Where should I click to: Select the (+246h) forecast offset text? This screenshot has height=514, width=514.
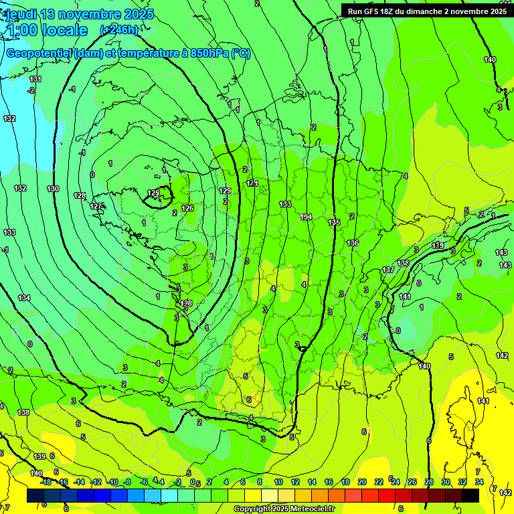pos(119,30)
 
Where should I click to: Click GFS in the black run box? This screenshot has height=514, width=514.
pos(375,11)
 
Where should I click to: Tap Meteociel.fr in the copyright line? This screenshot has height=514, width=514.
pos(309,509)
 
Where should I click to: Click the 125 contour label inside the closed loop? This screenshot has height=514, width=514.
pos(153,193)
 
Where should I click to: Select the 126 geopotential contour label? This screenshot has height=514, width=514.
pos(187,208)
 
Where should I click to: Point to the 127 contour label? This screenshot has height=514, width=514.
pos(96,206)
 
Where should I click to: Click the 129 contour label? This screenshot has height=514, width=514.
pos(225,191)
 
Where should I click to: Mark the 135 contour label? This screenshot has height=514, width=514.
pos(334,222)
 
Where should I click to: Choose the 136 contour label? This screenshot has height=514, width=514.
pos(353,243)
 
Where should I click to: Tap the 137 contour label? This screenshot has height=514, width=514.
pos(388,270)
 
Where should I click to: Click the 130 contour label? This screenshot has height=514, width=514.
pos(53,189)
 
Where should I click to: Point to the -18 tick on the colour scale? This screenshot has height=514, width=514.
pos(46,482)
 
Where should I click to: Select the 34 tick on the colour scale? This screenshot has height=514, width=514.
pos(479,482)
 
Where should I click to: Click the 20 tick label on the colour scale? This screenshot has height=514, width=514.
pos(362,482)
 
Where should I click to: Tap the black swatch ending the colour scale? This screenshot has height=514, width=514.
pos(470,495)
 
